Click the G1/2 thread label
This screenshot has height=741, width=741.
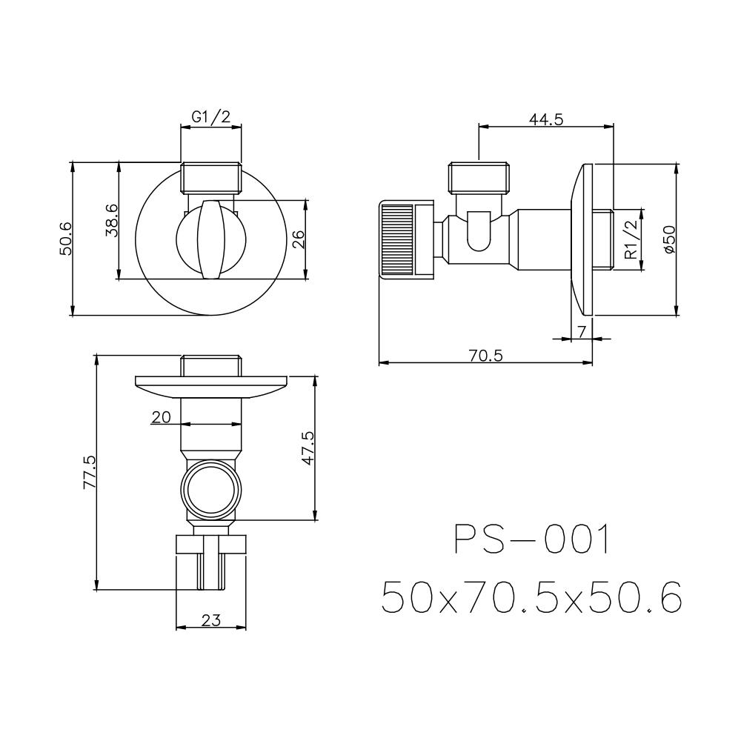(210, 116)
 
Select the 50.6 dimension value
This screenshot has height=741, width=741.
(65, 239)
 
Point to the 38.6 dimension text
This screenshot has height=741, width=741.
(112, 221)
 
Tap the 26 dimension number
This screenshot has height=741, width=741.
(299, 239)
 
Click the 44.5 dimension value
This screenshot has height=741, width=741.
(546, 119)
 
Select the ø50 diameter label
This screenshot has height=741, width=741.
(670, 239)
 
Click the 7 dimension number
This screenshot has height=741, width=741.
(582, 332)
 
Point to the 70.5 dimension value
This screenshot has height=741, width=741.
(486, 356)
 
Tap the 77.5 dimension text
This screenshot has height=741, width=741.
(90, 472)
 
